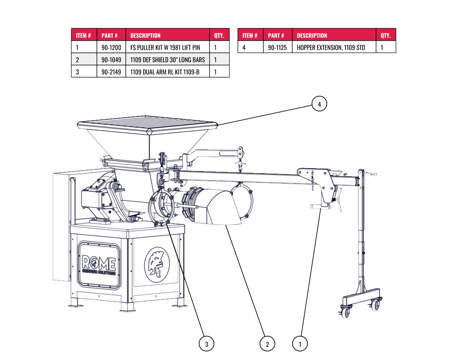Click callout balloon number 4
[x=319, y=104]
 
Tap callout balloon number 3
[x=206, y=344]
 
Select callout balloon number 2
[x=267, y=344]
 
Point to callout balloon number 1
[x=300, y=344]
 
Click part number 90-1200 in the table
[x=111, y=47]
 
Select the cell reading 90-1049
[x=111, y=60]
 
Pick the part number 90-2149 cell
[x=111, y=72]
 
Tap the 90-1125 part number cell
[x=277, y=47]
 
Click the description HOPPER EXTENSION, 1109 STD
[x=331, y=47]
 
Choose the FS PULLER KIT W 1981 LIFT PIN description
[x=165, y=47]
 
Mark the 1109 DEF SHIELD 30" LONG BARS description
[x=168, y=60]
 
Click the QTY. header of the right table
[x=385, y=35]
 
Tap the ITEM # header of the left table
[x=84, y=35]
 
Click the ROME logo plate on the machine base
[x=99, y=265]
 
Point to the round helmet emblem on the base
[x=157, y=264]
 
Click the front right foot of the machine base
[x=178, y=304]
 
